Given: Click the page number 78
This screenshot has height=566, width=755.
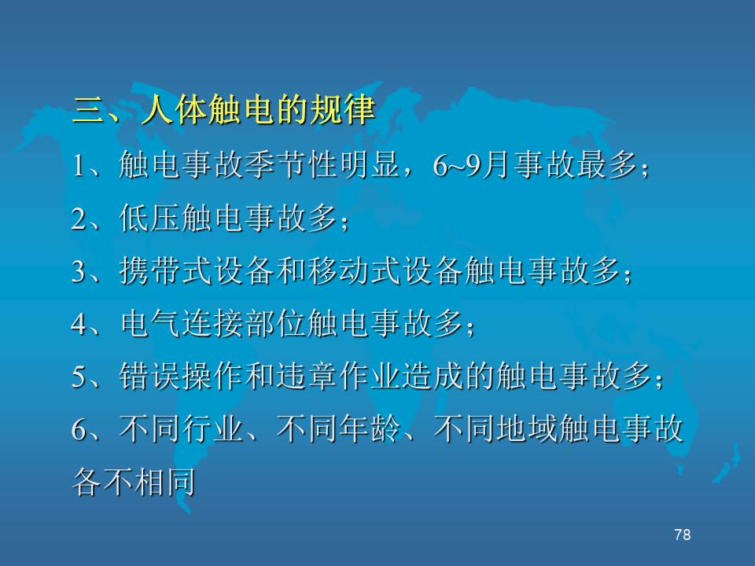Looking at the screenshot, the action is pyautogui.click(x=683, y=535).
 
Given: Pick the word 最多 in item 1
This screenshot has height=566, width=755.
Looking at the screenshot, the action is pyautogui.click(x=608, y=165).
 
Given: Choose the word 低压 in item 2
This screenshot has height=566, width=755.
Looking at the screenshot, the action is pyautogui.click(x=150, y=218).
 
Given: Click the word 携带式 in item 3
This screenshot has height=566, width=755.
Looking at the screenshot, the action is pyautogui.click(x=166, y=270).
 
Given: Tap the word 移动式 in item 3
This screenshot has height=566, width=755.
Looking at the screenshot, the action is pyautogui.click(x=355, y=270).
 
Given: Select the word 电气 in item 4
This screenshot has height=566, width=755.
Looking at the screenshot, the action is pyautogui.click(x=150, y=323).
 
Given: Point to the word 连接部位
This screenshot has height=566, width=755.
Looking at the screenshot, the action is pyautogui.click(x=244, y=323).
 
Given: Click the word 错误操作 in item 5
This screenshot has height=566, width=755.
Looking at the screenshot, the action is pyautogui.click(x=181, y=376).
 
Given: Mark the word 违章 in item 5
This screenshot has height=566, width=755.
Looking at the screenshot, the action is pyautogui.click(x=307, y=376).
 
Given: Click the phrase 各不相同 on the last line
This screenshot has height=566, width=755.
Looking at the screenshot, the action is pyautogui.click(x=134, y=481).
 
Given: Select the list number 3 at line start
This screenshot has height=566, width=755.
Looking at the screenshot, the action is pyautogui.click(x=79, y=271).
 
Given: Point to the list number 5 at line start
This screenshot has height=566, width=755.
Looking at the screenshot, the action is pyautogui.click(x=79, y=377).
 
